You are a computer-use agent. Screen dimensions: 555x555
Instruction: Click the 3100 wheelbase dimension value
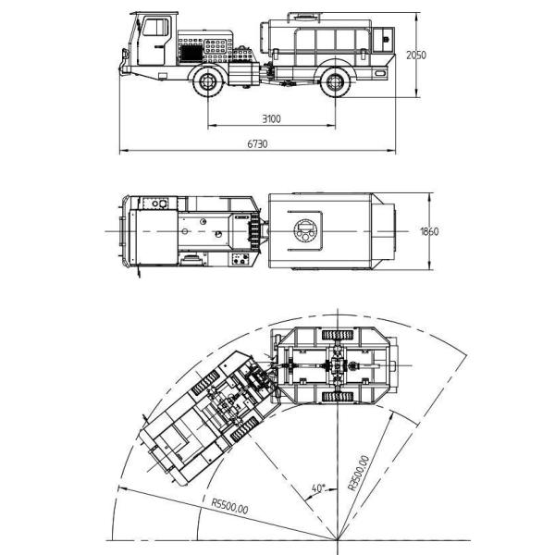pyautogui.click(x=270, y=119)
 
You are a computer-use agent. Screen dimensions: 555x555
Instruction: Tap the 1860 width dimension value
pyautogui.click(x=428, y=232)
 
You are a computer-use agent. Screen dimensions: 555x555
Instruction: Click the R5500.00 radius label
pyautogui.click(x=228, y=505)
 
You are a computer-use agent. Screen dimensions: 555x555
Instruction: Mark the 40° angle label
pyautogui.click(x=317, y=487)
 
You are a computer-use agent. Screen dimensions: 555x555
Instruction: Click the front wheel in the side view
pyautogui.click(x=208, y=85)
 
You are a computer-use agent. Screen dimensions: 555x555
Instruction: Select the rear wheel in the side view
pyautogui.click(x=335, y=85)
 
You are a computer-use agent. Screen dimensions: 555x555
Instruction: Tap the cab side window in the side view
pyautogui.click(x=154, y=29)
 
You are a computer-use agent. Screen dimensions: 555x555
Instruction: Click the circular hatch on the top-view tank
pyautogui.click(x=305, y=231)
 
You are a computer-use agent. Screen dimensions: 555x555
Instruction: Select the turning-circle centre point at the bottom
pyautogui.click(x=339, y=539)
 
